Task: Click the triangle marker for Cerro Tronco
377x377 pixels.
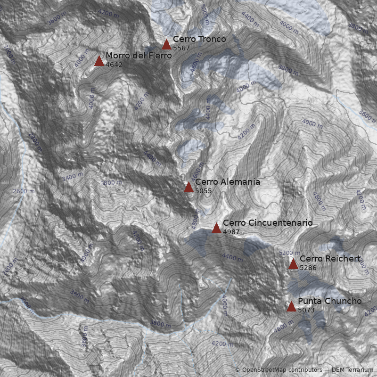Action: tap(166, 44)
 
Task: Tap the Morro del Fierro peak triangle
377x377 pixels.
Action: tap(99, 61)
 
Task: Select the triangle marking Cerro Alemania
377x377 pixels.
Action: tap(188, 188)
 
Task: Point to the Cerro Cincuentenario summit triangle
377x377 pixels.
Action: tap(216, 229)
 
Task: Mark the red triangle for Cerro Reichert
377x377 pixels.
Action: tap(293, 264)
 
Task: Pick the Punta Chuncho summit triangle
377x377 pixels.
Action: tap(291, 307)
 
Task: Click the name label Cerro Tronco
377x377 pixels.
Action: tap(199, 39)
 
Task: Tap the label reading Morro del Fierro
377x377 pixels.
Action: tap(139, 56)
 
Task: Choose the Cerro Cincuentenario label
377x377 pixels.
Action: tap(268, 223)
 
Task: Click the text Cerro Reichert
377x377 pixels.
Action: tap(330, 259)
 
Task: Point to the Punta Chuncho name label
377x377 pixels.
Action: tap(330, 301)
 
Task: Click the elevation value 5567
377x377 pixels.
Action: tap(181, 48)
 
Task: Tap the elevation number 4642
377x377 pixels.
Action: tap(114, 65)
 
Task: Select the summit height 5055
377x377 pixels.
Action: tap(204, 191)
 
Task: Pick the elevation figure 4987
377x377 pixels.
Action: tap(231, 232)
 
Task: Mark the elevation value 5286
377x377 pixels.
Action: tap(308, 268)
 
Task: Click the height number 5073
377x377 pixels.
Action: tap(306, 310)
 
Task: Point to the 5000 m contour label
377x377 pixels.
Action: tap(204, 14)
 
